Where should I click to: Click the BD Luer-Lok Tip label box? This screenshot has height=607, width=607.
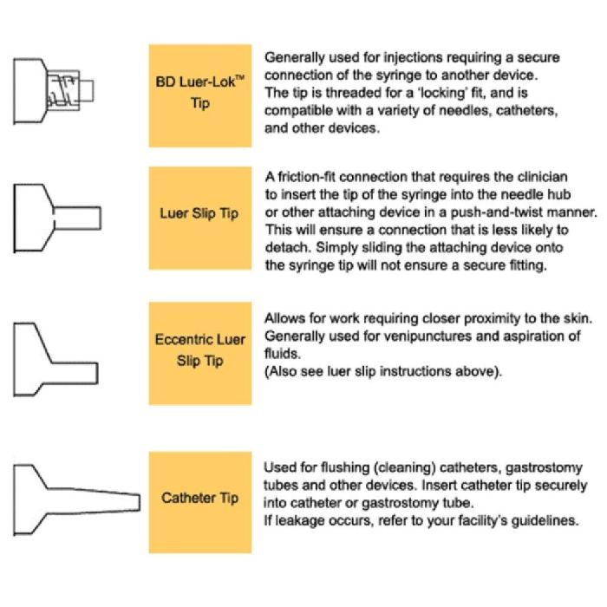(x=200, y=95)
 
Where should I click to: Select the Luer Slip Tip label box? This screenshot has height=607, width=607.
(x=200, y=212)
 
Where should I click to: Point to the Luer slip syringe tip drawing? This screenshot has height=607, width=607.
(x=56, y=212)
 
